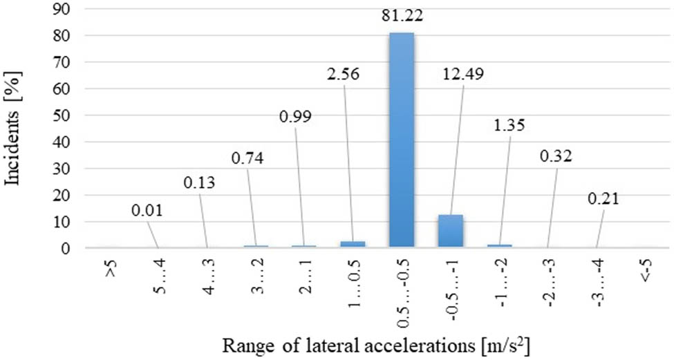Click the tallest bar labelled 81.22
pyautogui.click(x=401, y=138)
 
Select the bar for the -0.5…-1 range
pyautogui.click(x=450, y=231)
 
